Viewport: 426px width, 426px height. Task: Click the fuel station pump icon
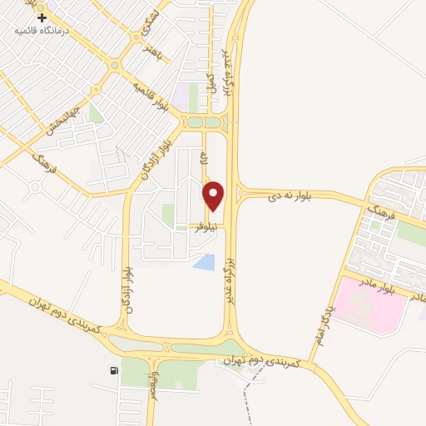point(113,370)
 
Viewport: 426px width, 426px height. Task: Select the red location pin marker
point(215,196)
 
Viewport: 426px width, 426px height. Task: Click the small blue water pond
point(202,263)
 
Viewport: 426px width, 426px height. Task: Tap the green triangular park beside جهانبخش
point(96,112)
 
